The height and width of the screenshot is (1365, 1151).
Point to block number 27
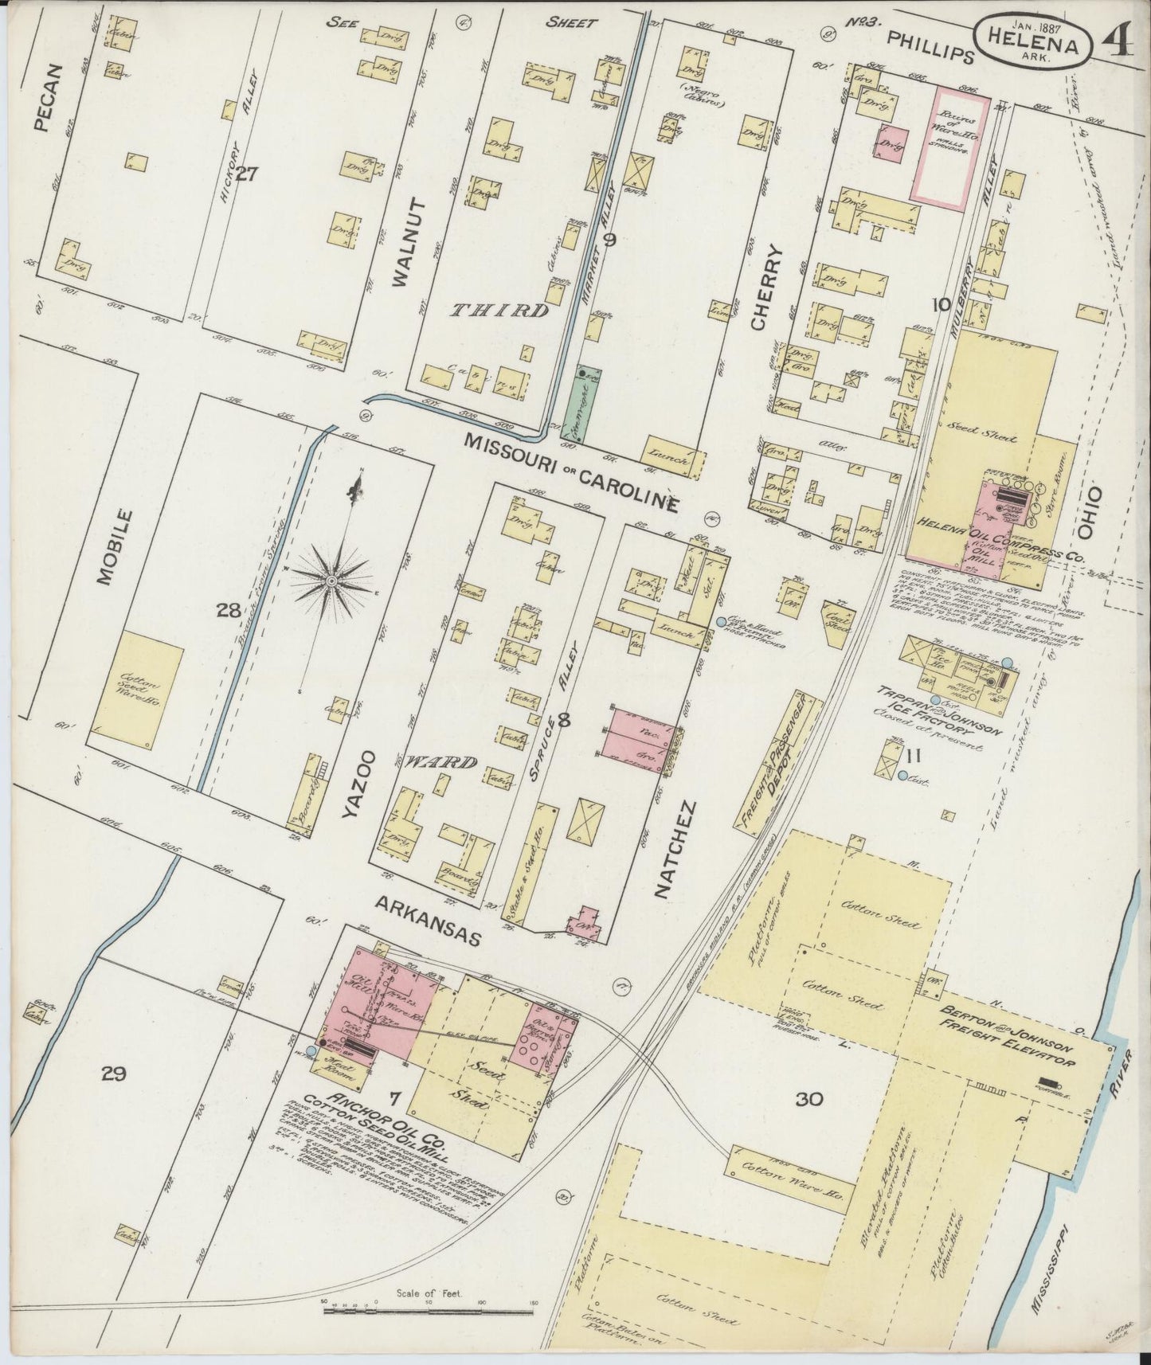[x=245, y=173]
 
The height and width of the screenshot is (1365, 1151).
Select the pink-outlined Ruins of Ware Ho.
[x=950, y=146]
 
